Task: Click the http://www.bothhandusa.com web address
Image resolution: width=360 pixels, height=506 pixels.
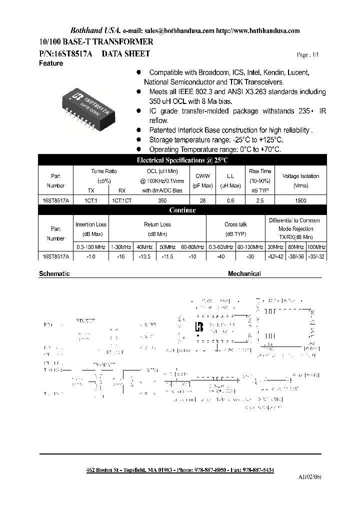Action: (x=259, y=30)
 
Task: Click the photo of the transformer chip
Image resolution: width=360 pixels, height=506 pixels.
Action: (x=89, y=102)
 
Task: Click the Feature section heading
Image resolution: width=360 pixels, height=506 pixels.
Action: (x=51, y=63)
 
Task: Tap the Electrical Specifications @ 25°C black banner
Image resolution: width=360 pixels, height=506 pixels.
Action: (x=182, y=160)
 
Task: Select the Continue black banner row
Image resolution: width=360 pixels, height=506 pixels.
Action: (x=182, y=210)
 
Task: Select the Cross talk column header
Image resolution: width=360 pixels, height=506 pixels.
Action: (x=235, y=224)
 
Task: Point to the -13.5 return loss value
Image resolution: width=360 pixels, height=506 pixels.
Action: (x=143, y=256)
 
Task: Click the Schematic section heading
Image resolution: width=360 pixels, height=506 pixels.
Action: (x=54, y=274)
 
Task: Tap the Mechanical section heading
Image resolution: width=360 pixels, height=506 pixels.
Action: (x=244, y=274)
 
